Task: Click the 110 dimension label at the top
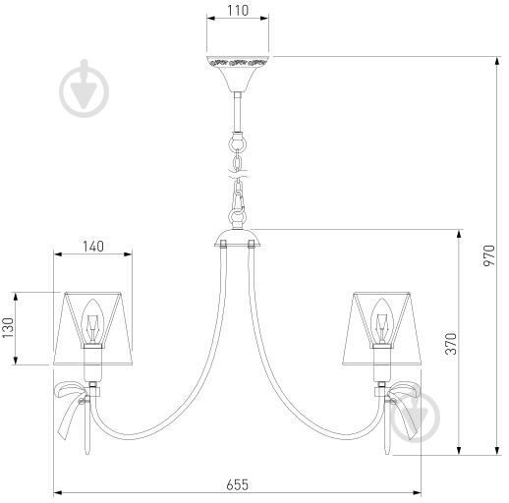click(238, 11)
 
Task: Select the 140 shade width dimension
click(93, 247)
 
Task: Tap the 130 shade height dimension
click(8, 328)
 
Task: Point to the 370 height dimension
click(451, 344)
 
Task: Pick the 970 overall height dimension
click(489, 255)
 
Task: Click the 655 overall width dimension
click(238, 484)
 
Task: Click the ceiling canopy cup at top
click(238, 74)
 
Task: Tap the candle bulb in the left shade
click(92, 321)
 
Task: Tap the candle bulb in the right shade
click(381, 321)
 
